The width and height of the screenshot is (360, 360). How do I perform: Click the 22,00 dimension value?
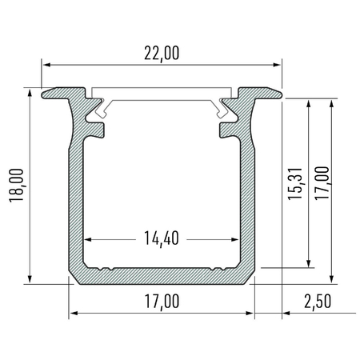point(162,53)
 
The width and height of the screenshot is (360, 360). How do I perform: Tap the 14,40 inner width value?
point(162,238)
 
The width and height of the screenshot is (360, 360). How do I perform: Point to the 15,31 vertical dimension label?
point(294,186)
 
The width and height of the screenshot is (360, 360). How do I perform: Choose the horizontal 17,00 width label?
point(162,302)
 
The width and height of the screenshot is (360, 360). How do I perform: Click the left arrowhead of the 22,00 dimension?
point(46,63)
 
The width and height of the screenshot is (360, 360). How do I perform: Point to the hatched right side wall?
point(247,192)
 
